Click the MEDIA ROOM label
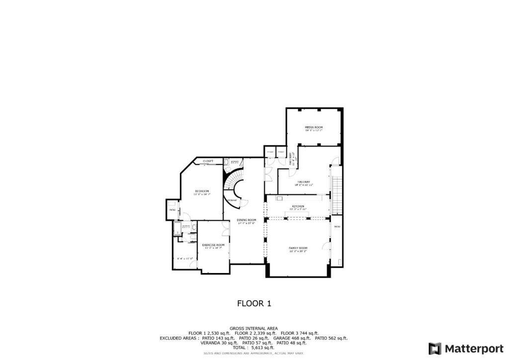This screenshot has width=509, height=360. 314,127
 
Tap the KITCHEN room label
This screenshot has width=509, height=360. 298,206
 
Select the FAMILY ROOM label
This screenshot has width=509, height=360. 298,248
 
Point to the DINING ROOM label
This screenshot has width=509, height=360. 247,220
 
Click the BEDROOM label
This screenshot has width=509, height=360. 202,191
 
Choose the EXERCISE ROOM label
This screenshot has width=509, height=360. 213,245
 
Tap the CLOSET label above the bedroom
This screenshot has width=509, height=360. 208,161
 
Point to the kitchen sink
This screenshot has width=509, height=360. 272,198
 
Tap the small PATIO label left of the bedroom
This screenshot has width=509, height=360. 172,210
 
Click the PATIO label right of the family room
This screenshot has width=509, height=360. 337,227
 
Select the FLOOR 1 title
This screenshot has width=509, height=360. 254,303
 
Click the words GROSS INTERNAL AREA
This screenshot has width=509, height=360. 254,329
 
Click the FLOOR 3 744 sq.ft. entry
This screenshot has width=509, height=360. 300,333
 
